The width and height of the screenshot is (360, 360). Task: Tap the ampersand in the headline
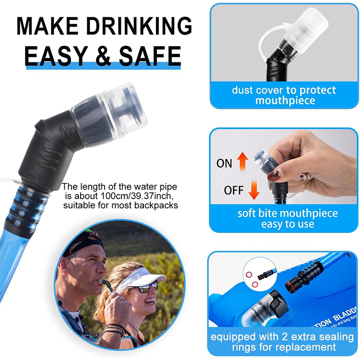click(x=103, y=56)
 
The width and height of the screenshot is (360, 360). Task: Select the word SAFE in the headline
click(x=149, y=56)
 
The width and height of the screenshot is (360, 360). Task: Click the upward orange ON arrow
click(x=242, y=162)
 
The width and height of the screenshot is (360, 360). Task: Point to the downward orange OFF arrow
click(x=254, y=190)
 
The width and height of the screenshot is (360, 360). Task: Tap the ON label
click(x=224, y=164)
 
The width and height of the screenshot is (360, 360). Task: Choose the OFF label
click(x=233, y=191)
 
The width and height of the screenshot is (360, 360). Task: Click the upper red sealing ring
click(x=249, y=275)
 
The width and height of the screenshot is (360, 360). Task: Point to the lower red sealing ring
click(x=255, y=285)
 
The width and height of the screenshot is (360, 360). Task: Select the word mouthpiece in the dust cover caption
click(x=285, y=101)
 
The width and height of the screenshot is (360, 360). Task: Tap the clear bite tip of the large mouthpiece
click(x=124, y=110)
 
